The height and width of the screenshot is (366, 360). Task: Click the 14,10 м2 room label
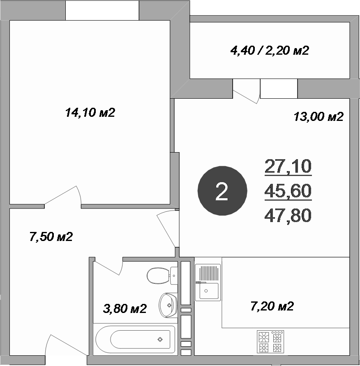pos(90,112)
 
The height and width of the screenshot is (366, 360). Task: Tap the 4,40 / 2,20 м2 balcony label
pos(270,51)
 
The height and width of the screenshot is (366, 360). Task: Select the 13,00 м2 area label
pos(318,117)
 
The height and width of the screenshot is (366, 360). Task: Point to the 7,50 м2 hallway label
pos(51,237)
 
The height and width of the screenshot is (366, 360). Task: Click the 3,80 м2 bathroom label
pos(125,308)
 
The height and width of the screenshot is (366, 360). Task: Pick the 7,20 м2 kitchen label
pos(272,306)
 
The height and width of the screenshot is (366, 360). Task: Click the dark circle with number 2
pos(222,191)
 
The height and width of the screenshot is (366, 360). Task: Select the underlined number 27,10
pos(288,167)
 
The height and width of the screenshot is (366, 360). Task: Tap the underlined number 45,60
pos(288,191)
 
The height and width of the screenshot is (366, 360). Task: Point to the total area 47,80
pos(288,215)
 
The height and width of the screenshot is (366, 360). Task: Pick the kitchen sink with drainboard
pos(208,282)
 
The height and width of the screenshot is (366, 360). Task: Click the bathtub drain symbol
pos(160,339)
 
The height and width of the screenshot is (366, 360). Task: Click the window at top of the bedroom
pos(102,10)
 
